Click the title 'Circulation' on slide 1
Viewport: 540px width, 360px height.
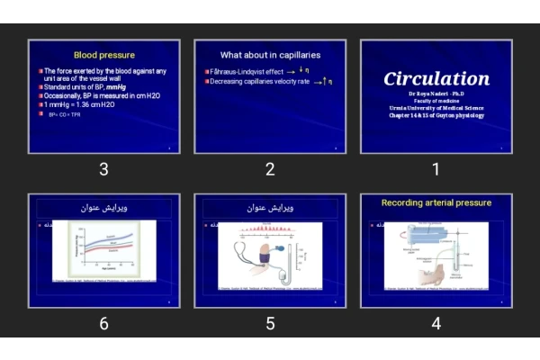coord(436,78)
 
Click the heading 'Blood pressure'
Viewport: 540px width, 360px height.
coord(103,55)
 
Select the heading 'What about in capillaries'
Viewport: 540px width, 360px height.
coord(270,55)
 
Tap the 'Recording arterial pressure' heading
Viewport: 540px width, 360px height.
coord(436,203)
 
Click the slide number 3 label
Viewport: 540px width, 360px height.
coord(103,169)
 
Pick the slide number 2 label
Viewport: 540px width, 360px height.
coord(270,169)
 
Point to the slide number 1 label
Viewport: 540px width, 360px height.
coord(436,169)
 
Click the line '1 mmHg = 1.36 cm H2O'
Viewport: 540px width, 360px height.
coord(79,104)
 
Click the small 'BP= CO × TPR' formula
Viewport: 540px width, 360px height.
coord(65,115)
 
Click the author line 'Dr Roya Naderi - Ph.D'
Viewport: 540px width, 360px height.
coord(436,94)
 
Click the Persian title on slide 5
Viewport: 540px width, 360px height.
coord(270,208)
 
